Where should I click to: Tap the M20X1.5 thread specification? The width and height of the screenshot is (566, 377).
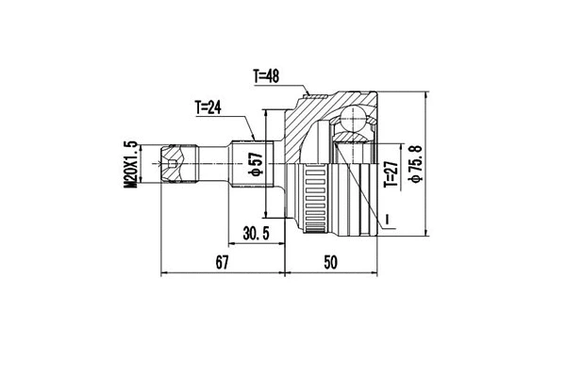(x=131, y=164)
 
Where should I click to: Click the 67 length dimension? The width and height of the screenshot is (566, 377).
(x=223, y=264)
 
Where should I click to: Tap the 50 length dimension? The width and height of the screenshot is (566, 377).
(x=329, y=264)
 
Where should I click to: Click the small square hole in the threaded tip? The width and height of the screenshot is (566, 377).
(x=169, y=167)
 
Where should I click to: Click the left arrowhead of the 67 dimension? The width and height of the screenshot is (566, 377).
(x=164, y=274)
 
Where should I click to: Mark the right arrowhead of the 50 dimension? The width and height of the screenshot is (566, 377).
(x=375, y=274)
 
